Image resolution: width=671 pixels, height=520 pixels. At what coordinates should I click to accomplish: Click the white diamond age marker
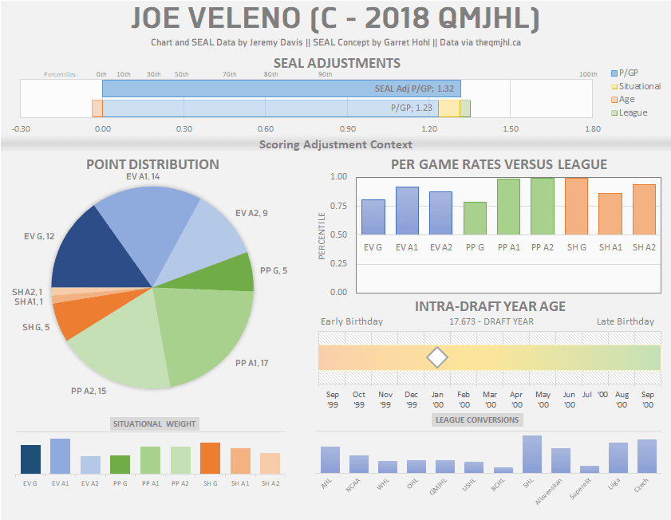coord(437,358)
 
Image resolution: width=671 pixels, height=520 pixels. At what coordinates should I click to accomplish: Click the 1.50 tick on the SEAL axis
coord(511,128)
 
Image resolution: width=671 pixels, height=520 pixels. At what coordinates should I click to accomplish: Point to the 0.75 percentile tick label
coord(338,206)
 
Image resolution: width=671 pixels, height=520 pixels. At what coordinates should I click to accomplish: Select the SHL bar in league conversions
coord(532,455)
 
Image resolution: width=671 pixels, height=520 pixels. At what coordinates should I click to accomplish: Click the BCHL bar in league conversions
coord(503,470)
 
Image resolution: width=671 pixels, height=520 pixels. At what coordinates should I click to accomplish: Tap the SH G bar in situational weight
coord(210,459)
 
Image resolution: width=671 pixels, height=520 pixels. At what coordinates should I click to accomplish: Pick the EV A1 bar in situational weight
coord(60,456)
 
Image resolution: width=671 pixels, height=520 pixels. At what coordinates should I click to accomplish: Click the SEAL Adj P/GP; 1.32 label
coord(415,89)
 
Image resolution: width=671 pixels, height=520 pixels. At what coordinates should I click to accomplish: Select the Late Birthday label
coord(625,321)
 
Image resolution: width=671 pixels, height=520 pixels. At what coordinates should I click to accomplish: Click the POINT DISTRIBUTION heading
coord(152,164)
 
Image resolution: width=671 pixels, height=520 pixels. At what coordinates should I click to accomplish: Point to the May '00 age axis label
coord(543,399)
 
